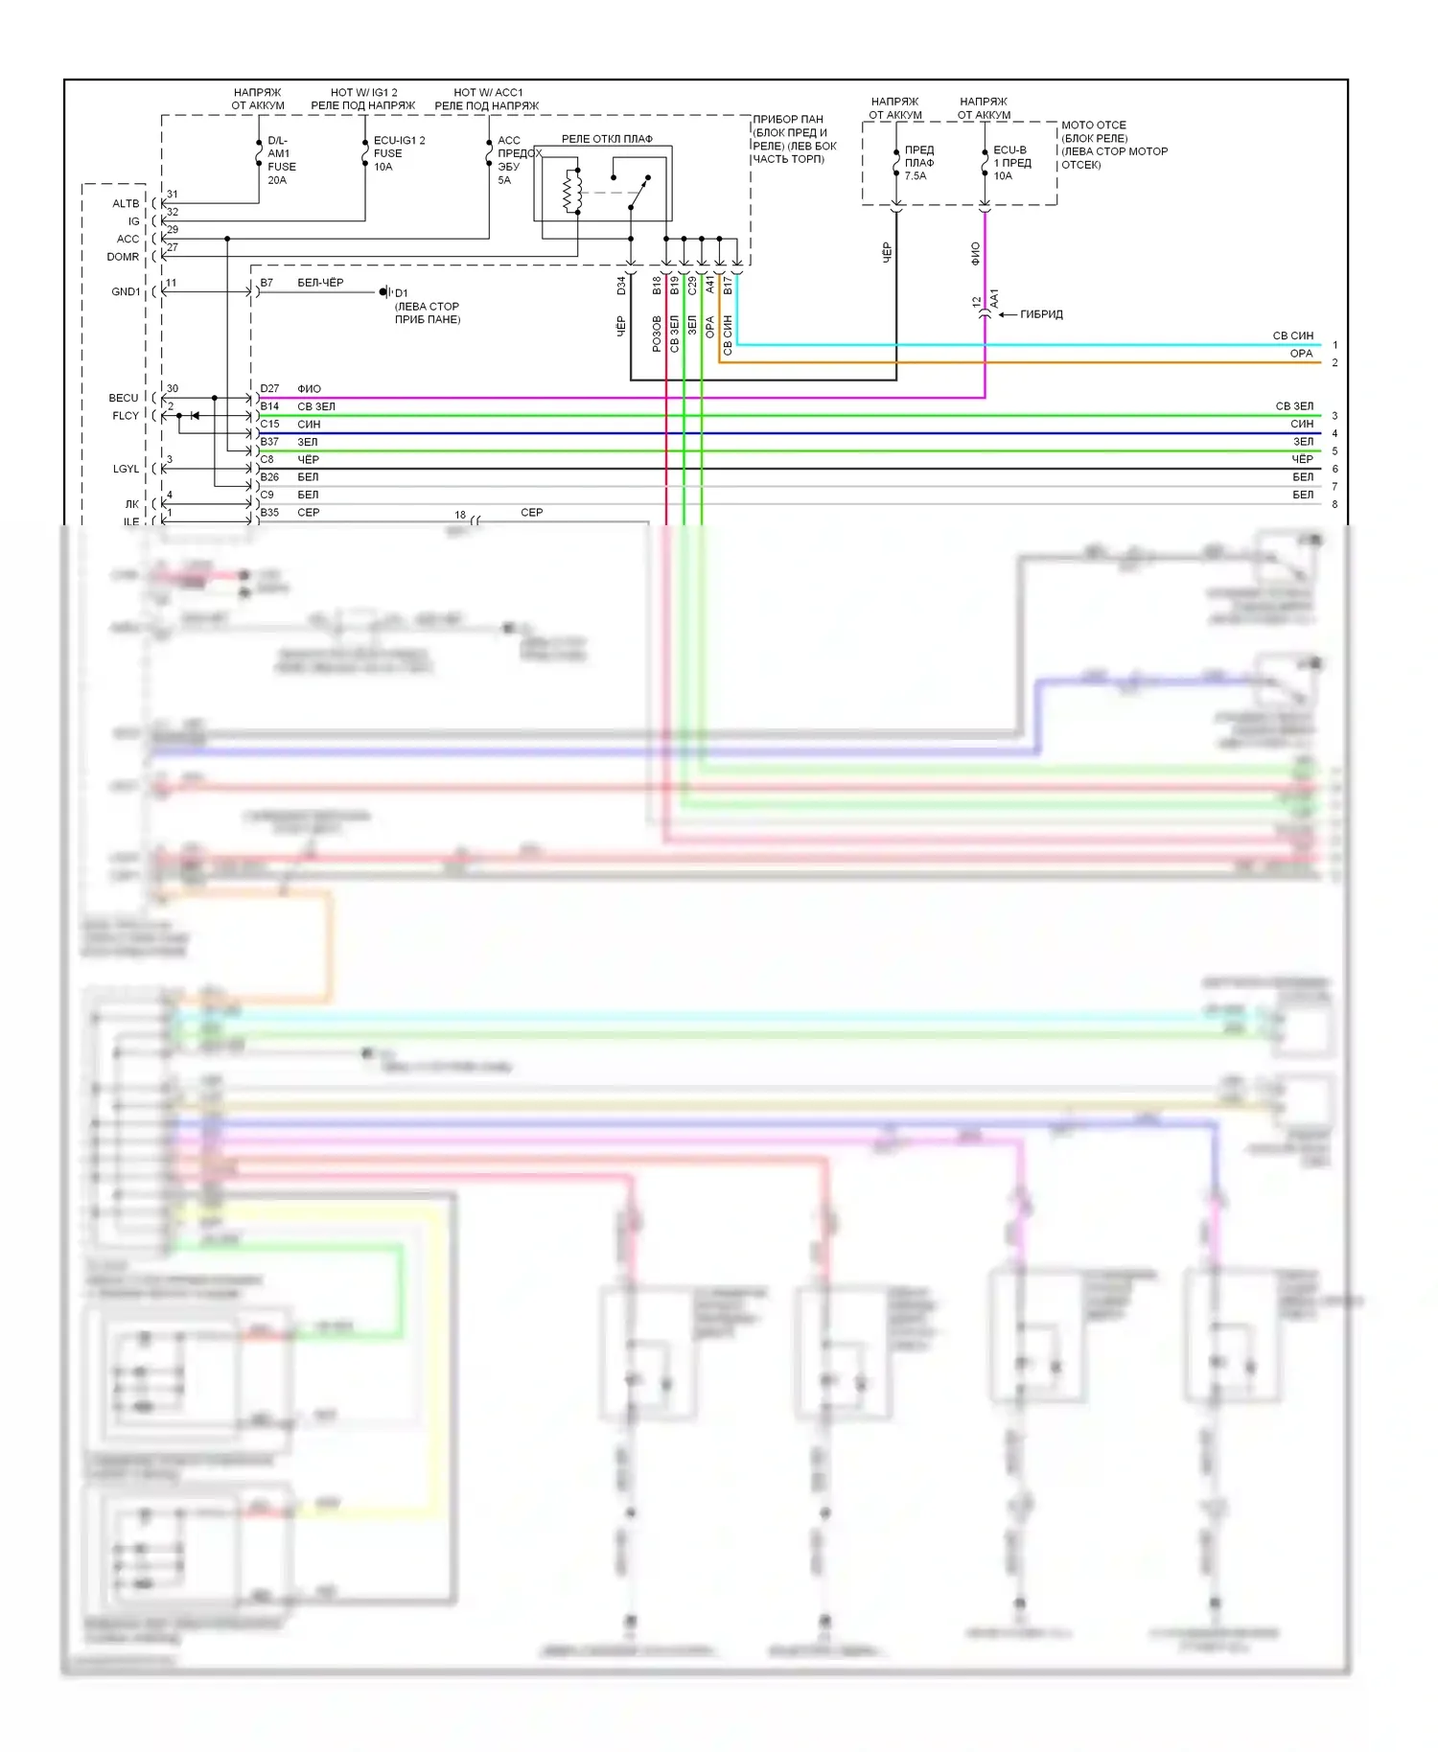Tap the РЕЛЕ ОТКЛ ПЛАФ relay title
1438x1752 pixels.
click(606, 139)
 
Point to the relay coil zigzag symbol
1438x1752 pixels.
click(572, 191)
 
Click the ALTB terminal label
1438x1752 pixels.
click(126, 204)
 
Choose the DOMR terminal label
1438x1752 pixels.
click(123, 257)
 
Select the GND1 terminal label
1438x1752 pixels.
click(126, 292)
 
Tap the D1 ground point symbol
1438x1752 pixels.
click(385, 292)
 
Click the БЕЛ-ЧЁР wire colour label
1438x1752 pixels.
click(320, 283)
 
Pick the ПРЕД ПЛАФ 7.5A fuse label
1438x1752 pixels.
click(917, 163)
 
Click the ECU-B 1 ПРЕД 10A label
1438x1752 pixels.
click(1010, 163)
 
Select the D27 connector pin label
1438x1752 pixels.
click(269, 389)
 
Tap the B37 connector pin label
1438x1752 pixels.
click(269, 442)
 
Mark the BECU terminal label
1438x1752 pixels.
click(124, 398)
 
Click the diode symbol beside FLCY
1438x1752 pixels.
click(195, 416)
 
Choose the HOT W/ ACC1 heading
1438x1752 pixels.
click(488, 93)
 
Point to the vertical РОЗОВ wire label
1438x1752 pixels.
click(657, 334)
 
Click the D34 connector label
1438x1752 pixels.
click(621, 285)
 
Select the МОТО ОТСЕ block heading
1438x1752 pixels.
click(1093, 126)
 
